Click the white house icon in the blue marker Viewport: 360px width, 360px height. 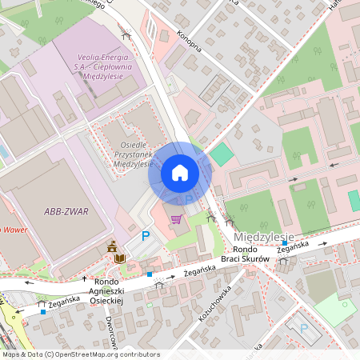click(x=179, y=172)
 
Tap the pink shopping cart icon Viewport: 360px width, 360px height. click(x=176, y=218)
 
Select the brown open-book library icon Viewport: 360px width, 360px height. click(x=120, y=258)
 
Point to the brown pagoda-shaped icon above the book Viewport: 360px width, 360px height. click(x=112, y=246)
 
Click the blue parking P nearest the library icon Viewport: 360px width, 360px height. click(x=146, y=236)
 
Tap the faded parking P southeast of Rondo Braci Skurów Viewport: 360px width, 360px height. click(x=302, y=328)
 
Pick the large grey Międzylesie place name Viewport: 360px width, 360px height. click(x=265, y=238)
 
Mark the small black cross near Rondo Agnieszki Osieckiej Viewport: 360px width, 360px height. click(x=85, y=278)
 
